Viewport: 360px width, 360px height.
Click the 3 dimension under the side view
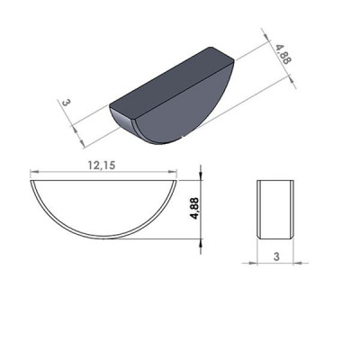click(x=275, y=256)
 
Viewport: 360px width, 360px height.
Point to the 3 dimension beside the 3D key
click(x=67, y=104)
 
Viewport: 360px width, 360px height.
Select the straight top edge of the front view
click(x=103, y=181)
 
